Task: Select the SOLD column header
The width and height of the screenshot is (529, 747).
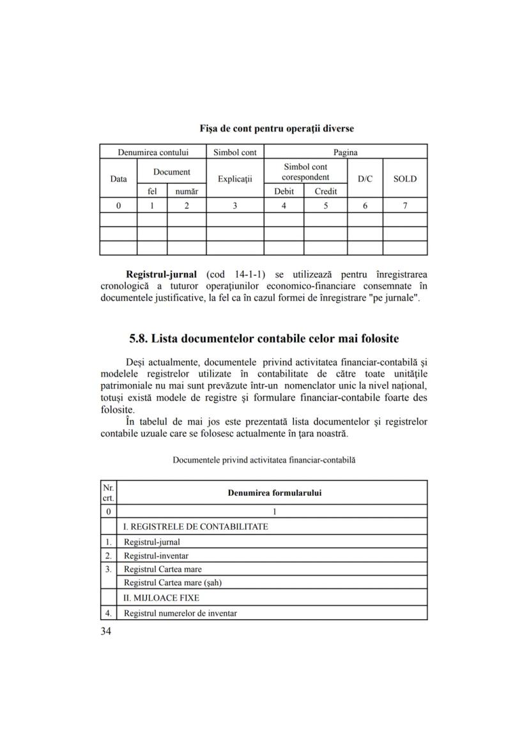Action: pyautogui.click(x=404, y=179)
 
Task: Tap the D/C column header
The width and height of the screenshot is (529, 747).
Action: pyautogui.click(x=365, y=179)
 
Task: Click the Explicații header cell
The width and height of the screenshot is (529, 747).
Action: pyautogui.click(x=235, y=179)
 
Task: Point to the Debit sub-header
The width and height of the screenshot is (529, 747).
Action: pyautogui.click(x=284, y=191)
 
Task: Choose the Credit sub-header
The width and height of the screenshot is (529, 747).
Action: pyautogui.click(x=325, y=191)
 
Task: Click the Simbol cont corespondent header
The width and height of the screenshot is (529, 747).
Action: pyautogui.click(x=305, y=172)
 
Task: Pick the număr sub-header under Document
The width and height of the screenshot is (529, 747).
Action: pyautogui.click(x=187, y=191)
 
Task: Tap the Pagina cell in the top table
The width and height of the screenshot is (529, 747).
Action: pyautogui.click(x=346, y=153)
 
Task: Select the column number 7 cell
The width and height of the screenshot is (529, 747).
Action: pyautogui.click(x=404, y=206)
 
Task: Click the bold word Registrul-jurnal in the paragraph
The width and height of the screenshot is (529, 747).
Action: pyautogui.click(x=161, y=275)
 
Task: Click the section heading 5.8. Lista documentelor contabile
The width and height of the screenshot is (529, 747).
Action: pyautogui.click(x=264, y=338)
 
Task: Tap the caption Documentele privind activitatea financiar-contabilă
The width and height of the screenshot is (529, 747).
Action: pyautogui.click(x=264, y=459)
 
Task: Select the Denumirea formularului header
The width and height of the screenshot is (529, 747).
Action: pyautogui.click(x=275, y=493)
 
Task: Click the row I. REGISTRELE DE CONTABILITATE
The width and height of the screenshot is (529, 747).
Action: pyautogui.click(x=195, y=527)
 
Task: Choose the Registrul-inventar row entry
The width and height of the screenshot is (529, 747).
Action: pyautogui.click(x=156, y=555)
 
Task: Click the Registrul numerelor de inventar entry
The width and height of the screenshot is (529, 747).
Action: pyautogui.click(x=180, y=613)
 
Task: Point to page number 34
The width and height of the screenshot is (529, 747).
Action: pyautogui.click(x=106, y=632)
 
